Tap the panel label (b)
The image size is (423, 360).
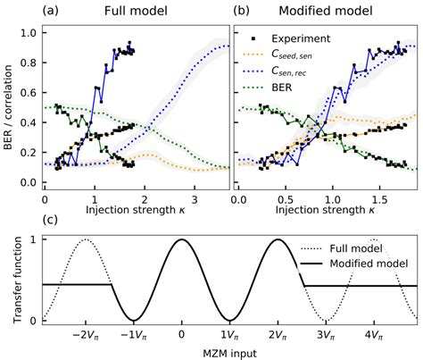click(243, 13)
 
